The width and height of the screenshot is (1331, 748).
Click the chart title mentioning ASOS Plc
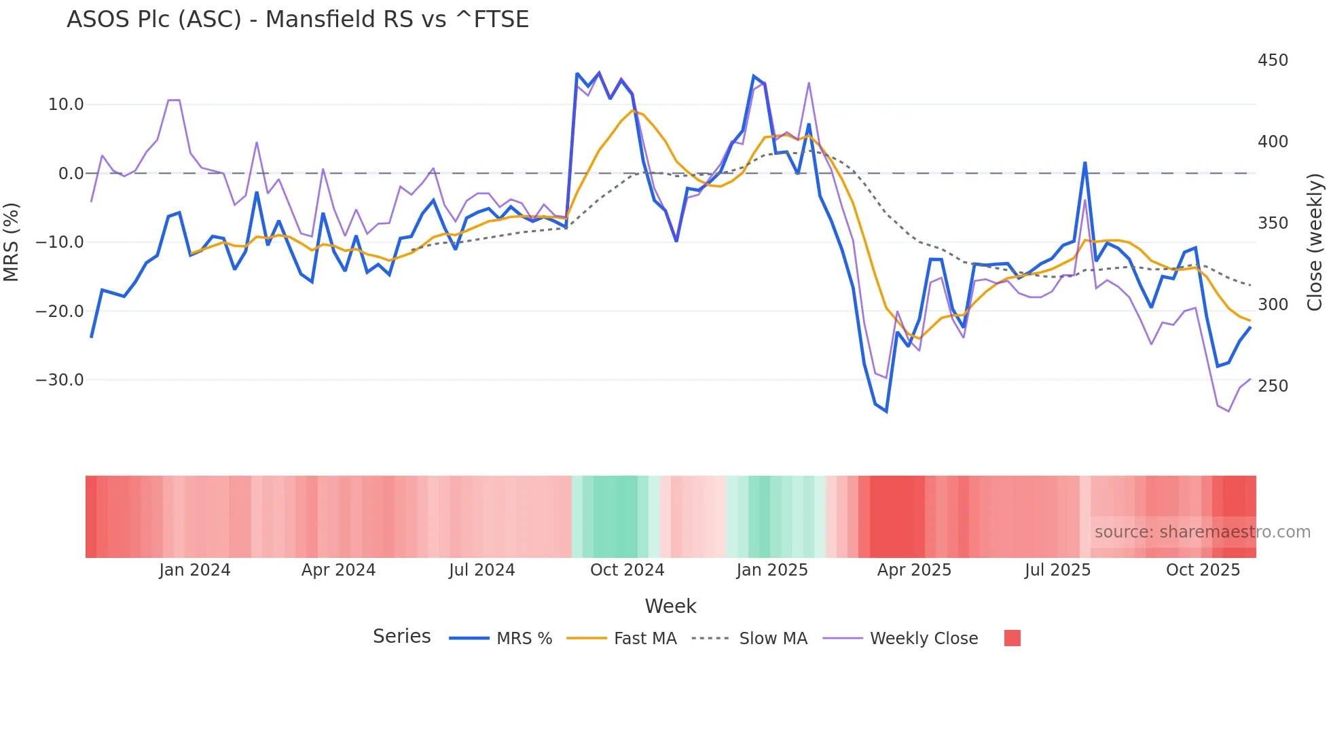click(x=297, y=20)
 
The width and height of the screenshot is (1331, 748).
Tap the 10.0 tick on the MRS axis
click(x=66, y=105)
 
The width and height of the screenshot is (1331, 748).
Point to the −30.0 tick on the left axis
click(x=60, y=380)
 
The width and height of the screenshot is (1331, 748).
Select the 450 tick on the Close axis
click(x=1273, y=60)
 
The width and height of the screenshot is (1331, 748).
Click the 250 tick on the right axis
click(x=1273, y=386)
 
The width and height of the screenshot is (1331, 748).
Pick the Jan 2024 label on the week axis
click(x=195, y=570)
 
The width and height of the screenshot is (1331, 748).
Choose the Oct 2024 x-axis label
click(x=627, y=570)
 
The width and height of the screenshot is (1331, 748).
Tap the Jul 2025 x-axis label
click(x=1057, y=570)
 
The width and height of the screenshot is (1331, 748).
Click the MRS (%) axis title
click(x=12, y=242)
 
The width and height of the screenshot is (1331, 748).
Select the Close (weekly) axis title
click(x=1315, y=242)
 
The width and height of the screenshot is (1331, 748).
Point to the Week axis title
click(x=670, y=606)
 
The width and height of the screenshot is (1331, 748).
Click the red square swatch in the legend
click(x=1013, y=638)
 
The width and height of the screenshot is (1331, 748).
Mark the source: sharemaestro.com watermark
click(x=1202, y=532)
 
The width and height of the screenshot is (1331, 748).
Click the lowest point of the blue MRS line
click(x=886, y=411)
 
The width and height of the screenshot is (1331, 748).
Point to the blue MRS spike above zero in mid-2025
click(x=1085, y=163)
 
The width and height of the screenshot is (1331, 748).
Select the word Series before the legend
click(x=401, y=637)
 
